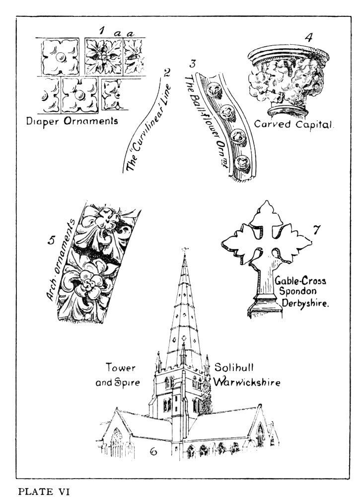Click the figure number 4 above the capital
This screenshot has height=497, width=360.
(309, 37)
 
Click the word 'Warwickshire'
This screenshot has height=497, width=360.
(247, 383)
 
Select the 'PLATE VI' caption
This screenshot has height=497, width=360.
(45, 492)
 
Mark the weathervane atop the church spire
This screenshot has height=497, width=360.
(185, 249)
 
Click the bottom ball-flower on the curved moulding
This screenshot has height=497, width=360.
(243, 161)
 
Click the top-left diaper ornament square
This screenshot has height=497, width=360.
(60, 57)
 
